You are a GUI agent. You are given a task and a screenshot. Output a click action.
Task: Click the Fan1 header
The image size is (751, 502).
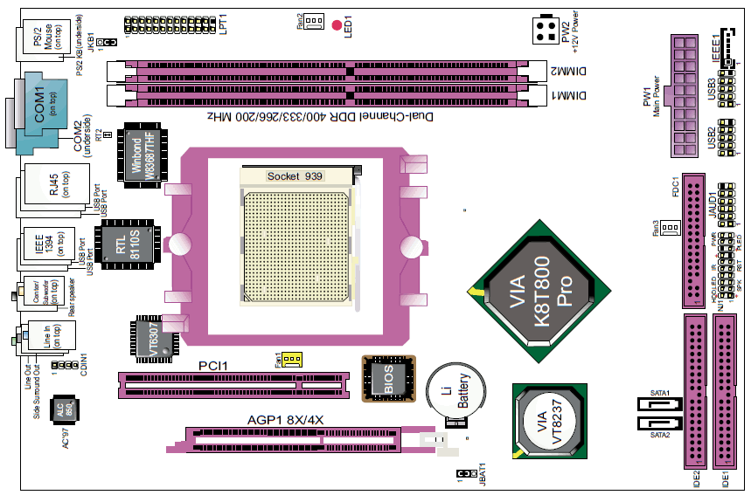290,359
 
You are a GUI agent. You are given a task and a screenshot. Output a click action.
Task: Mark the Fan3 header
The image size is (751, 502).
669,229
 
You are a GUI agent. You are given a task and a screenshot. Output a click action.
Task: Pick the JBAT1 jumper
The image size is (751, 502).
461,473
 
